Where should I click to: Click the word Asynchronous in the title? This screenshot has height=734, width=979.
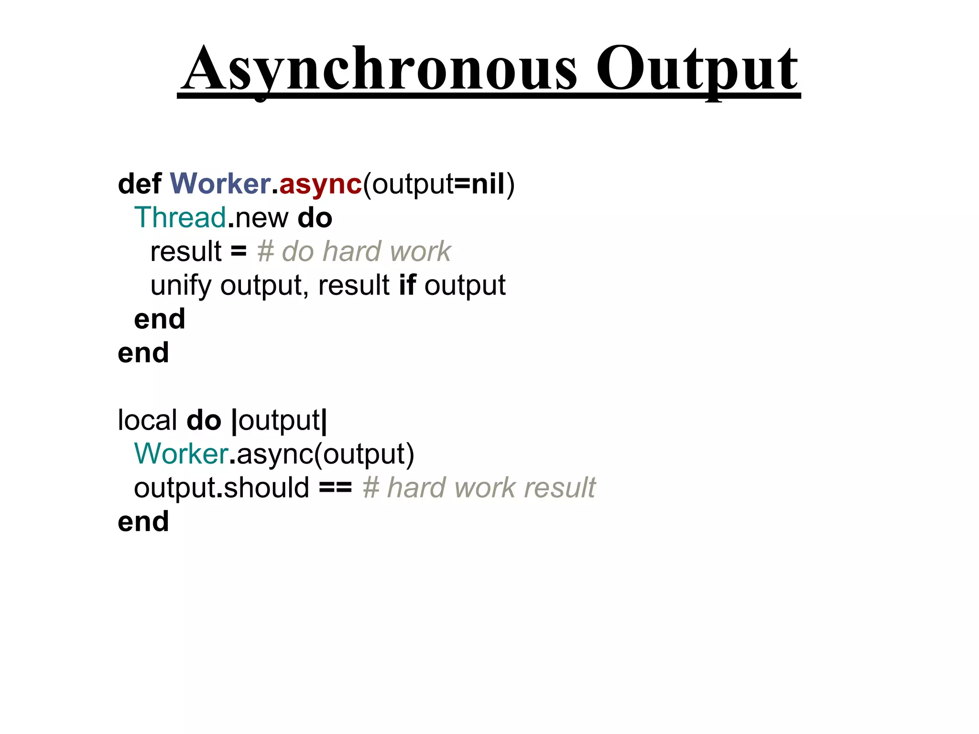(x=380, y=69)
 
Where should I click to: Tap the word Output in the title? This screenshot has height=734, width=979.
(x=697, y=69)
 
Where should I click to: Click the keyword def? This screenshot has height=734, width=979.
(x=140, y=184)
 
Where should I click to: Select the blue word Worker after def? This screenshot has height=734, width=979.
(x=220, y=184)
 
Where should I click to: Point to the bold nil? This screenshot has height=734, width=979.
(x=488, y=184)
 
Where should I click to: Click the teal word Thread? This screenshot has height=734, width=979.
(x=180, y=218)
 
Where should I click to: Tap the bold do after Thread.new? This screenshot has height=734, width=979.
(x=315, y=218)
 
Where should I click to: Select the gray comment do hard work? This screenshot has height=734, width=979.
(x=354, y=251)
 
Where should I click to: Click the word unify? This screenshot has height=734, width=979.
(x=180, y=286)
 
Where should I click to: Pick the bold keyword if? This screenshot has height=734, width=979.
(x=407, y=285)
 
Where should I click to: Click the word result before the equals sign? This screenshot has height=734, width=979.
(x=186, y=251)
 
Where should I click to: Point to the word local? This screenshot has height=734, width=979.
(x=147, y=420)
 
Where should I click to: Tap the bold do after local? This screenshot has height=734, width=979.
(x=204, y=420)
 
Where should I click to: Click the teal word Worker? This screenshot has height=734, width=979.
(x=181, y=453)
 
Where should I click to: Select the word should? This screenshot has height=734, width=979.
(x=266, y=487)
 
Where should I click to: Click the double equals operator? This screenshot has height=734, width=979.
(x=335, y=488)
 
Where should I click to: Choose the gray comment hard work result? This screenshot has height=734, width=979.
(x=479, y=488)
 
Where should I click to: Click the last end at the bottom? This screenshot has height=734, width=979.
(x=143, y=521)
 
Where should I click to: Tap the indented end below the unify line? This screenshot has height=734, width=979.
(x=160, y=319)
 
